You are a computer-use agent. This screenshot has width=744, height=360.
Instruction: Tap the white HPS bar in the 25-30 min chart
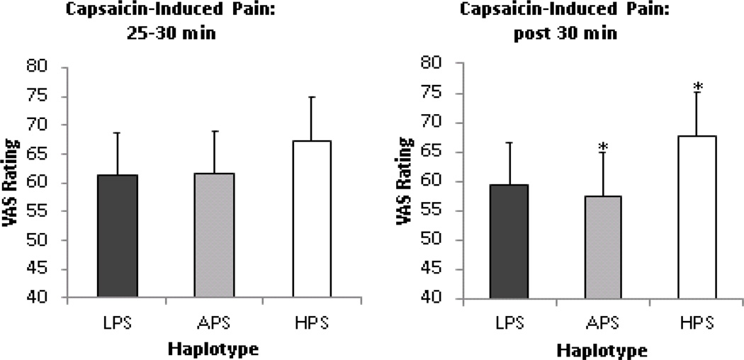click(x=312, y=219)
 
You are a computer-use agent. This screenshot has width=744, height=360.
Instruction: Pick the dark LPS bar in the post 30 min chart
click(x=509, y=241)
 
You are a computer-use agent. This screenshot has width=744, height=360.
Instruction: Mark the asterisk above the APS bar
click(x=603, y=147)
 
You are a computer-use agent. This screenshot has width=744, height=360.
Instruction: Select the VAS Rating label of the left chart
click(x=12, y=182)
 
